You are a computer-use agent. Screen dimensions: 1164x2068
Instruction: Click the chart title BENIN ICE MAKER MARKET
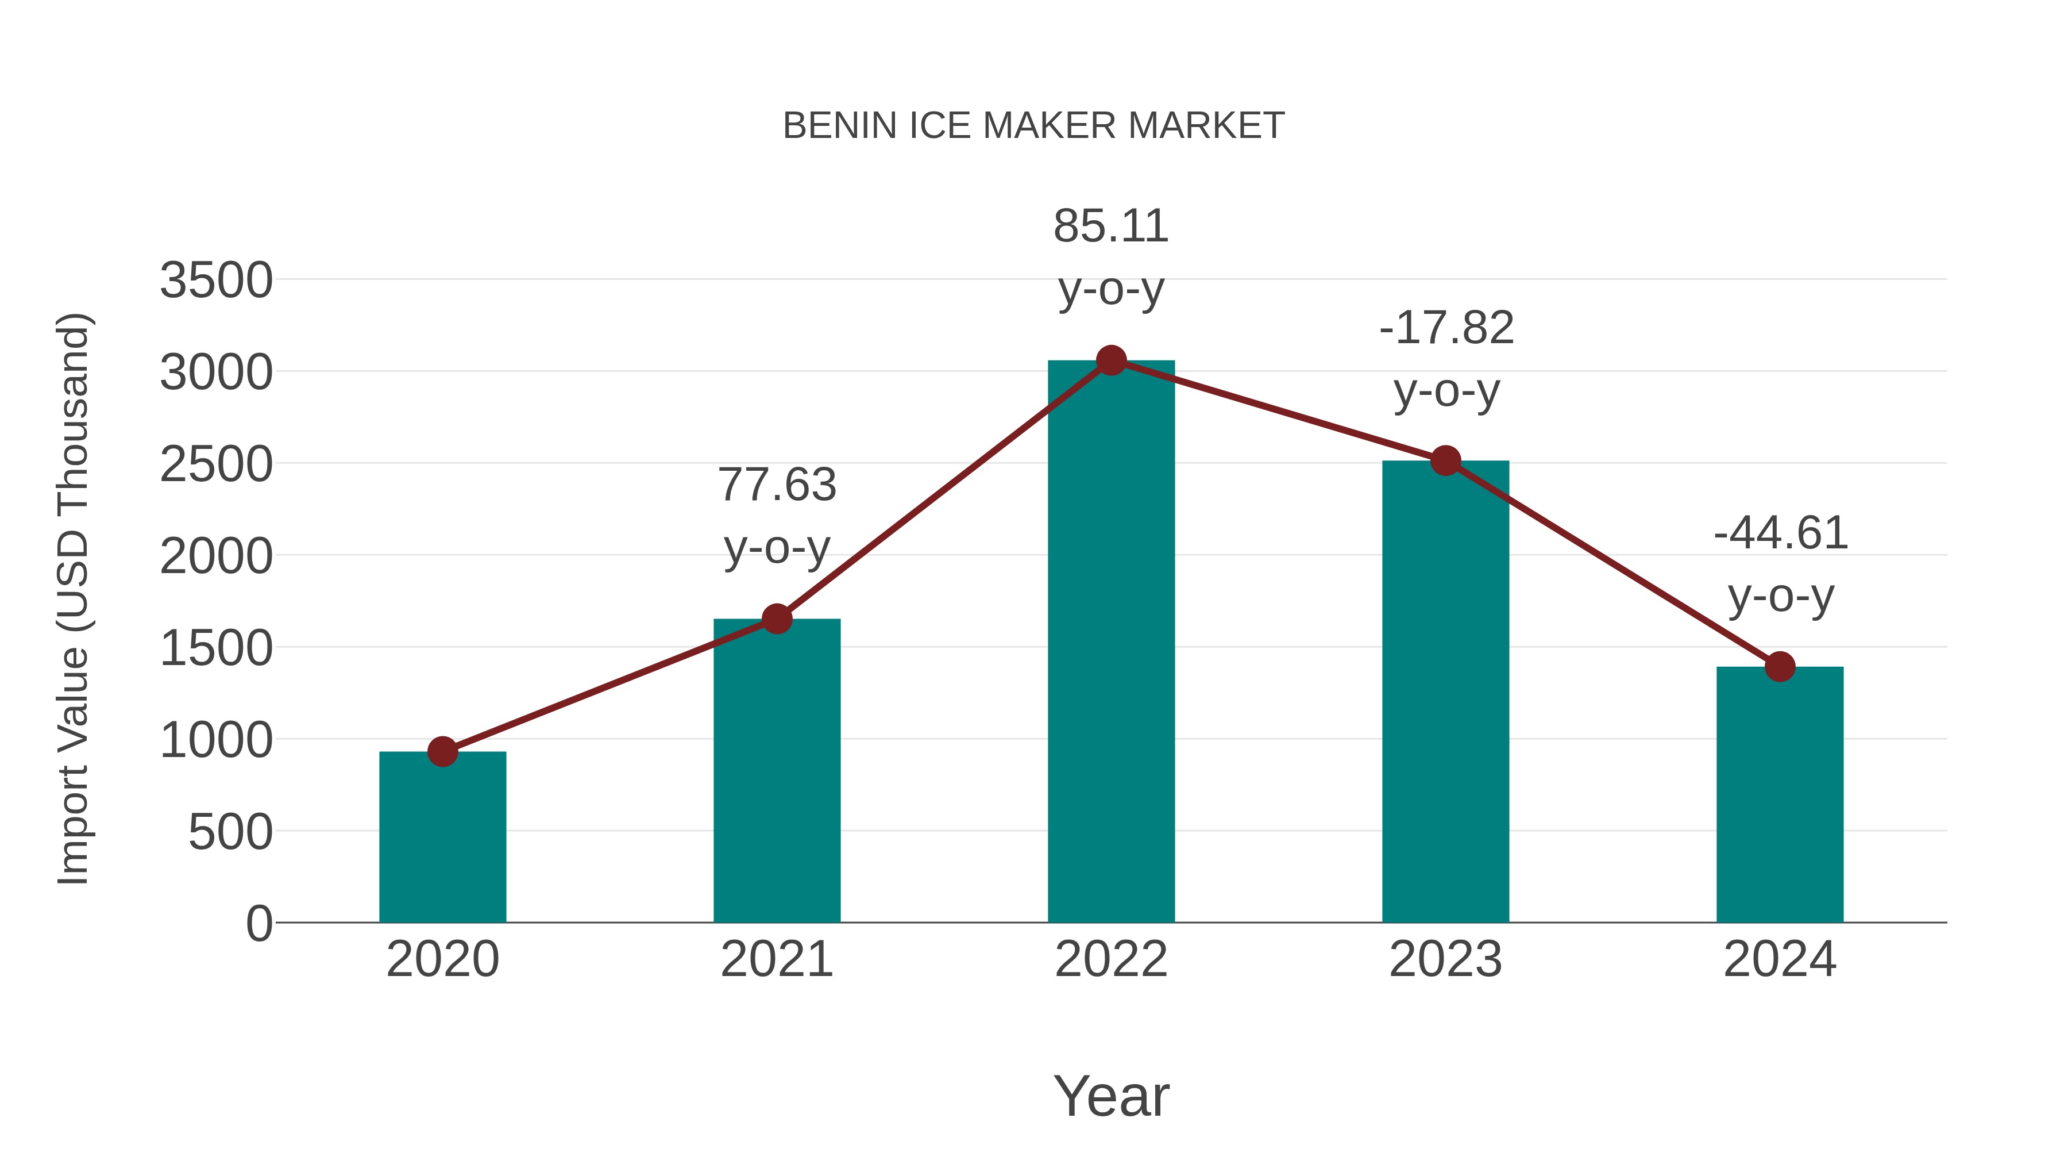click(x=1033, y=126)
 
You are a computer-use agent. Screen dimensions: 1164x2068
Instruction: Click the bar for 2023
click(x=1445, y=692)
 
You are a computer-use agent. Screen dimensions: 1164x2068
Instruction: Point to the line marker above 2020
click(x=442, y=752)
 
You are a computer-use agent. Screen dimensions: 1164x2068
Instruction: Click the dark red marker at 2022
click(x=1111, y=360)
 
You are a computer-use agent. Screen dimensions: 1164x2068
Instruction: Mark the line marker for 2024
click(x=1780, y=666)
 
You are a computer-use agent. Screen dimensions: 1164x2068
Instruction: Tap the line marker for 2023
click(x=1445, y=461)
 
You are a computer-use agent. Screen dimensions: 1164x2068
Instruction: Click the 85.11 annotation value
click(x=1111, y=226)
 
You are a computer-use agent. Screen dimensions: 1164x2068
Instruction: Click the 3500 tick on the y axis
click(x=216, y=281)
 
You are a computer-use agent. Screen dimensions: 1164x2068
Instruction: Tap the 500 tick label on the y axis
click(x=230, y=832)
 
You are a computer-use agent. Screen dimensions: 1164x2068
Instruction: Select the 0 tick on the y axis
click(x=258, y=924)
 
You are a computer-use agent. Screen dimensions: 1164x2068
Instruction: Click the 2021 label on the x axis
click(x=776, y=960)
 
